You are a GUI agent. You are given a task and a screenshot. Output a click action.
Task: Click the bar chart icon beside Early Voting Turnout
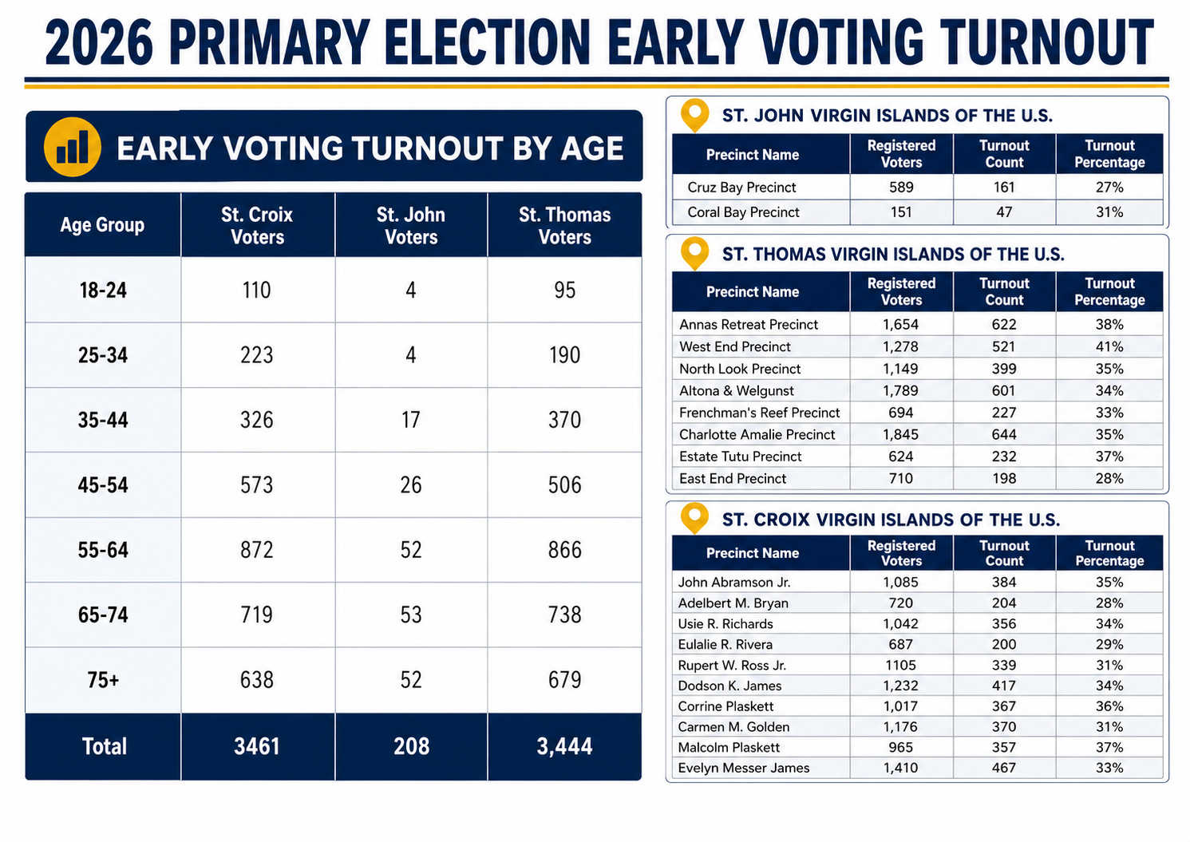73,147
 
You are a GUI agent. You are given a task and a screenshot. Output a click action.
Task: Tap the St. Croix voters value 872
256,550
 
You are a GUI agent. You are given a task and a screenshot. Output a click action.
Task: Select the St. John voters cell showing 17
411,420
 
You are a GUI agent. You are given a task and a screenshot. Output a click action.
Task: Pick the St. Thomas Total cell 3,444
564,746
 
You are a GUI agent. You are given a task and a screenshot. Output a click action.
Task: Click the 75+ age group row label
103,680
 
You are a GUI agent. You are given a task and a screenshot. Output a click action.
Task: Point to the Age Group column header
102,225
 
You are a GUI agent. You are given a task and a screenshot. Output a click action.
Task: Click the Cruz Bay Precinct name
741,188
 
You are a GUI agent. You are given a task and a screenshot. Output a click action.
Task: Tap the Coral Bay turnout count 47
1004,212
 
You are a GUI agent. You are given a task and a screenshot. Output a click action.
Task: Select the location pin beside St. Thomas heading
695,253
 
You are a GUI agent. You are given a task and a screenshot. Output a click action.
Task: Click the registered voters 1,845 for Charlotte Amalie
900,434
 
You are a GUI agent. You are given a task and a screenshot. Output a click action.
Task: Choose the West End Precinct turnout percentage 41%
1109,347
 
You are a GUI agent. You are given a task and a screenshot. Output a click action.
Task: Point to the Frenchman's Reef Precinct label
759,413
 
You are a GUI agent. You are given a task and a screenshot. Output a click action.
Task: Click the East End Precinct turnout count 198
1004,479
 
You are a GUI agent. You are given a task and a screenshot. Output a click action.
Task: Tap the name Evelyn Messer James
744,768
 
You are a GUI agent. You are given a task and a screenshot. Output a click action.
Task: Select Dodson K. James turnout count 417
1004,686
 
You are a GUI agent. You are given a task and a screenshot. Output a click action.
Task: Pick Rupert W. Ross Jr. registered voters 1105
900,665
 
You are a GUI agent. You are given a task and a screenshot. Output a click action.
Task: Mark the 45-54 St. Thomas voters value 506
564,485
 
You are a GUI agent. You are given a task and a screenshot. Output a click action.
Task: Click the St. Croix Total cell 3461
256,746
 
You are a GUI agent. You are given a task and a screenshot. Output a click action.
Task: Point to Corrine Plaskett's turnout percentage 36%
1109,706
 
